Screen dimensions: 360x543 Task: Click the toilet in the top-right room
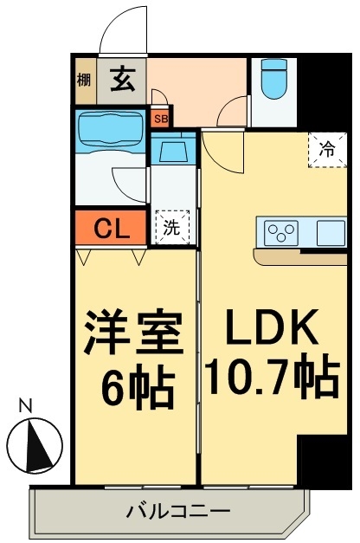click(x=274, y=79)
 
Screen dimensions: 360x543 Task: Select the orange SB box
click(x=161, y=119)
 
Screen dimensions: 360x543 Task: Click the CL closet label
click(x=112, y=229)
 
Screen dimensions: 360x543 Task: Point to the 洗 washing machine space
click(x=172, y=227)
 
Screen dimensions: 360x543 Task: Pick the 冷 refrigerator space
click(x=327, y=150)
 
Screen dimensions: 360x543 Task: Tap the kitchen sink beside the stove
click(x=331, y=233)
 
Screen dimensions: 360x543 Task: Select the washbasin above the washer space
click(x=173, y=148)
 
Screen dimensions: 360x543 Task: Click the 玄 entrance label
click(x=123, y=80)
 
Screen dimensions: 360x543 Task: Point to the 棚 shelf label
click(x=83, y=81)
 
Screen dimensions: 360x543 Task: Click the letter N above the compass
click(x=25, y=406)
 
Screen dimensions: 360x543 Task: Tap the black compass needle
click(x=38, y=445)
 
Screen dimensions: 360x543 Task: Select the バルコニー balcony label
click(x=178, y=511)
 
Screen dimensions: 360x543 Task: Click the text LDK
click(x=272, y=326)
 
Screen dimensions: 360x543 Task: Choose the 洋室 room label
click(x=134, y=333)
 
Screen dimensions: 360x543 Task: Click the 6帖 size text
click(x=138, y=385)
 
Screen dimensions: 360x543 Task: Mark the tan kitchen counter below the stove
click(x=300, y=257)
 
